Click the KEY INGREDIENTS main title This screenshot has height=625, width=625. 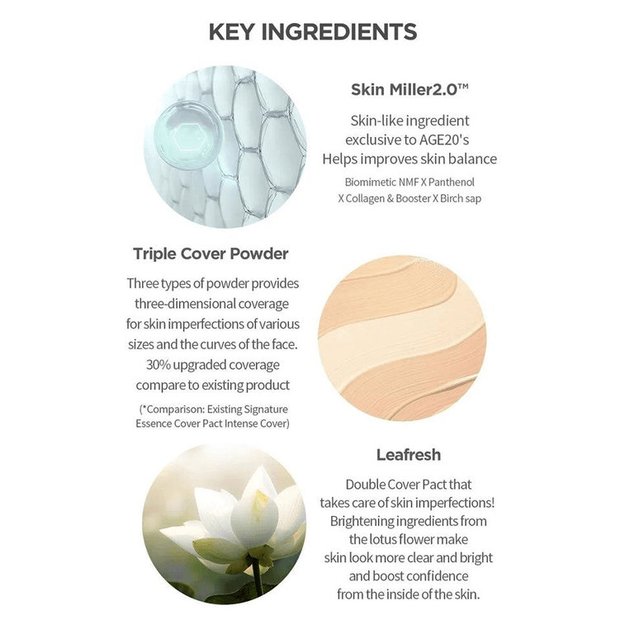coord(312,32)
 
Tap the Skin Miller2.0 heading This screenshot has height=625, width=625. coord(410,89)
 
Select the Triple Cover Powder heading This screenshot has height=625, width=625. coord(211,253)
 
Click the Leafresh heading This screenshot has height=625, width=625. coord(409,455)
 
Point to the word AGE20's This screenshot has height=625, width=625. coord(443,140)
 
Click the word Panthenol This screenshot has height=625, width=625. coord(452,182)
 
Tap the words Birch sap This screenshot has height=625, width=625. coord(461,198)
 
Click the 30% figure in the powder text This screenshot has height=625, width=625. coord(159,365)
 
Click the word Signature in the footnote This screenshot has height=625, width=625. coord(266,410)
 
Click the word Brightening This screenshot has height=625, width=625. coord(362,521)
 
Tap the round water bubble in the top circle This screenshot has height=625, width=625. coord(187,135)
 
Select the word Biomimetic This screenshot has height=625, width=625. coord(371,182)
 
